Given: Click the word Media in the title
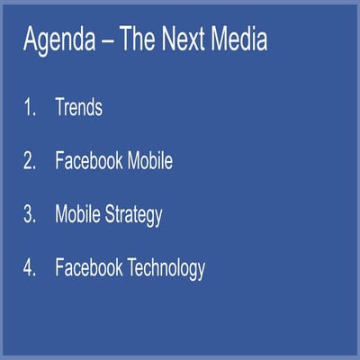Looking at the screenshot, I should pyautogui.click(x=240, y=40).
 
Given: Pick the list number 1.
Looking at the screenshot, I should pyautogui.click(x=29, y=109).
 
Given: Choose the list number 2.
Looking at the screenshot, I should pyautogui.click(x=29, y=162).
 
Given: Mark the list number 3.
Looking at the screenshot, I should pyautogui.click(x=29, y=215).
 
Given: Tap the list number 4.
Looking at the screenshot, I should pyautogui.click(x=29, y=268).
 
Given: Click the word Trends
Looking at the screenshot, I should pyautogui.click(x=78, y=109).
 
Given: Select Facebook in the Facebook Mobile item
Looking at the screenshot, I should pyautogui.click(x=90, y=162).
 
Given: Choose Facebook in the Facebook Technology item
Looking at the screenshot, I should pyautogui.click(x=90, y=268).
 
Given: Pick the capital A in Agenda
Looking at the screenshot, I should pyautogui.click(x=29, y=40).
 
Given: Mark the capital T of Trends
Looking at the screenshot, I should pyautogui.click(x=60, y=109).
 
